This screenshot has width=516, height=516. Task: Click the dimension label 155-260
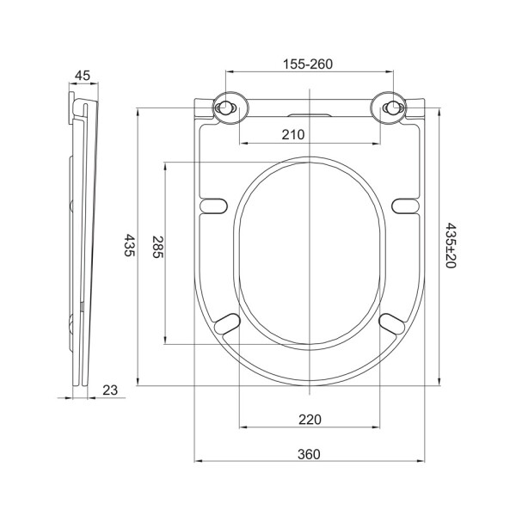[x=309, y=64]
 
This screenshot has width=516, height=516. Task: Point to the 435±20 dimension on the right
[x=450, y=246]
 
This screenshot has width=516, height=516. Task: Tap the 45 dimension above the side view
[x=83, y=76]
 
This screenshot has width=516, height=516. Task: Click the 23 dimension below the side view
[x=111, y=390]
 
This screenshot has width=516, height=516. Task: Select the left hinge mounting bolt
[x=225, y=108]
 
